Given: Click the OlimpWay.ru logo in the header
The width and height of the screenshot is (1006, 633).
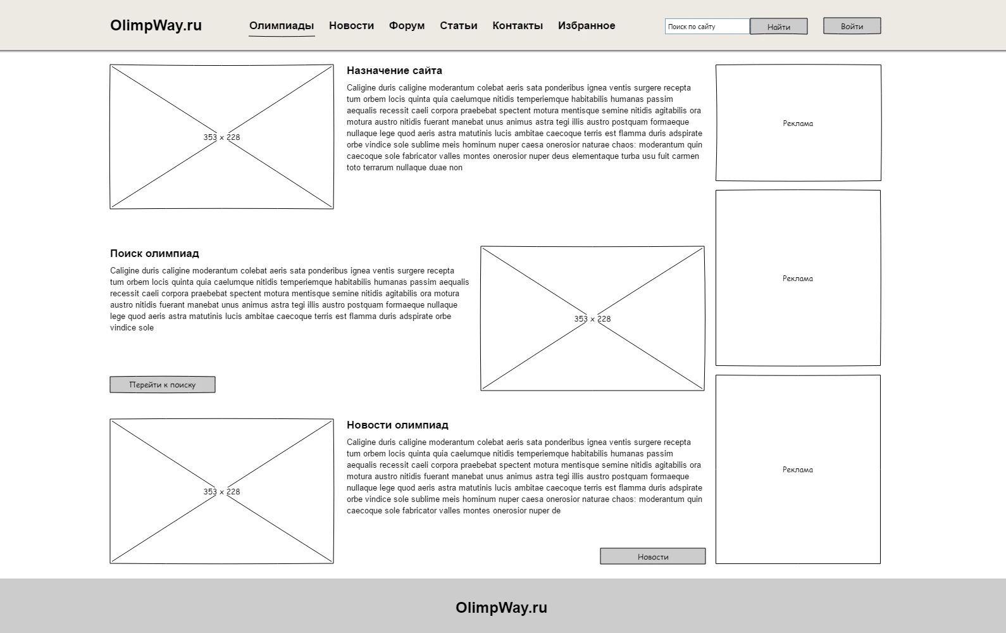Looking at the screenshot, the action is pyautogui.click(x=156, y=25).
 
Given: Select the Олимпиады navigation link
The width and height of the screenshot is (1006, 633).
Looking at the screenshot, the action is pyautogui.click(x=282, y=25).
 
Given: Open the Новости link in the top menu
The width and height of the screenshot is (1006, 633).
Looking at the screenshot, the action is pyautogui.click(x=351, y=25).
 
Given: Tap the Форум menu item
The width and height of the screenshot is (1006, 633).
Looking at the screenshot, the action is pyautogui.click(x=407, y=25).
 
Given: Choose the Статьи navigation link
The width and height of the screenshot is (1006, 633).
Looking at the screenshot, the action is pyautogui.click(x=459, y=25).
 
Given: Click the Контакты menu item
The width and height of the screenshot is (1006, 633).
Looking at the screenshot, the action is pyautogui.click(x=518, y=25).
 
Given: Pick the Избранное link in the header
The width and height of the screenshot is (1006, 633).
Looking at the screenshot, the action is pyautogui.click(x=587, y=25).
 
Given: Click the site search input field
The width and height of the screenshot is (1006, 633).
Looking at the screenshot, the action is pyautogui.click(x=707, y=27).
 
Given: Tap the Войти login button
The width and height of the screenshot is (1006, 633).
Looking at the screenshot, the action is pyautogui.click(x=852, y=26).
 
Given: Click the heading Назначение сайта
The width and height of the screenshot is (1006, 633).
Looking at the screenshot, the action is pyautogui.click(x=394, y=70).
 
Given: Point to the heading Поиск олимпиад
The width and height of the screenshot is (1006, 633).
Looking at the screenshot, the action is pyautogui.click(x=154, y=253).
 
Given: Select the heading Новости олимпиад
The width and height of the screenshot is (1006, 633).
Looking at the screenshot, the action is pyautogui.click(x=397, y=425).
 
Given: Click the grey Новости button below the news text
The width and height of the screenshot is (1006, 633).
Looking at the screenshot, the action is pyautogui.click(x=652, y=556).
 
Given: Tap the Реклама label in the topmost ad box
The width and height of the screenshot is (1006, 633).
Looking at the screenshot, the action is pyautogui.click(x=798, y=123).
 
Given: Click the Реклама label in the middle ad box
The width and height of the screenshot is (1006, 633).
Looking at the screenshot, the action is pyautogui.click(x=798, y=279).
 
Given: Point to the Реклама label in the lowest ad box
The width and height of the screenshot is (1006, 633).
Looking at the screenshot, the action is pyautogui.click(x=798, y=470).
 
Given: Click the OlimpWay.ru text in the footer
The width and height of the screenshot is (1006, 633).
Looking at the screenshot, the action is pyautogui.click(x=501, y=608).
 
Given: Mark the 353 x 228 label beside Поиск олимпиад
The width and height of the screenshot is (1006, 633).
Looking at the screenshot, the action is pyautogui.click(x=592, y=319).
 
